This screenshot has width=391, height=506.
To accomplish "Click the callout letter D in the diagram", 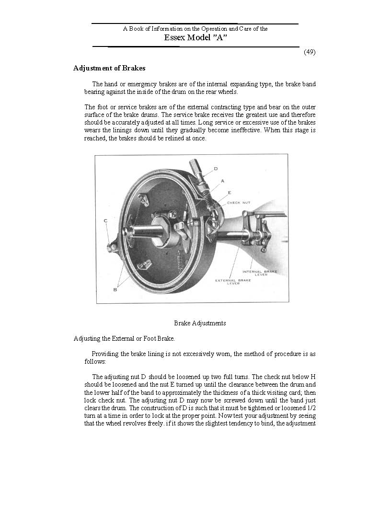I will pyautogui.click(x=216, y=169).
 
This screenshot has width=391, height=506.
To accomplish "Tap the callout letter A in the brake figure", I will pyautogui.click(x=222, y=181).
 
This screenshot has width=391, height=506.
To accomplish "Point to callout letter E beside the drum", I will pyautogui.click(x=230, y=193).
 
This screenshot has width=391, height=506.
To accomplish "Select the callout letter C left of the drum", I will pyautogui.click(x=105, y=220).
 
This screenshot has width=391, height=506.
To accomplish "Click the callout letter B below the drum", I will pyautogui.click(x=115, y=289).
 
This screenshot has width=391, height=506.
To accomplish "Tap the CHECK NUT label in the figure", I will pyautogui.click(x=239, y=203).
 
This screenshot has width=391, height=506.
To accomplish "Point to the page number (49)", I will pyautogui.click(x=310, y=52).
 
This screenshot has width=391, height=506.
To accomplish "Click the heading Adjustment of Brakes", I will pyautogui.click(x=109, y=68).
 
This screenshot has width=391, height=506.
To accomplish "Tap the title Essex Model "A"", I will pyautogui.click(x=195, y=38).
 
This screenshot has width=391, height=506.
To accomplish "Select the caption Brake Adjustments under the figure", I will pyautogui.click(x=200, y=323).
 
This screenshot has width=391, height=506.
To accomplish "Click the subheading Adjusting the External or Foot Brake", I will pyautogui.click(x=124, y=339).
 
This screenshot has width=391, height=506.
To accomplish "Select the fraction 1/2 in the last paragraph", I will pyautogui.click(x=310, y=408).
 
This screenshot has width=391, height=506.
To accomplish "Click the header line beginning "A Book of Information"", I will pyautogui.click(x=195, y=29).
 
